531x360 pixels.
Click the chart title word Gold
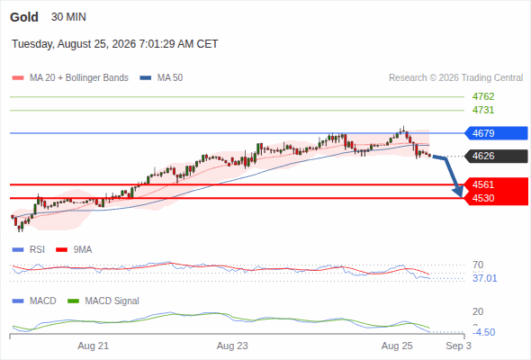pos(24,17)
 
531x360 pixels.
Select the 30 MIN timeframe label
pos(68,17)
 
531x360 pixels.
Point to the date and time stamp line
pos(115,44)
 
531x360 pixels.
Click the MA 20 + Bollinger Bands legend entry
pos(70,78)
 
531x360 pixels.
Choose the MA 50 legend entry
pos(161,78)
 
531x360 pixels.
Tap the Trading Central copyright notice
pos(455,78)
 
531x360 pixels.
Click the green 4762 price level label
pos(483,96)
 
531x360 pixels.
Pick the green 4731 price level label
pos(483,110)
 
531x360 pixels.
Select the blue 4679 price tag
pos(496,133)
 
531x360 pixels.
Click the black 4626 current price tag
pos(496,156)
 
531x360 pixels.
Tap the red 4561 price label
pos(483,184)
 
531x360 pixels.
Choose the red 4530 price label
pos(483,198)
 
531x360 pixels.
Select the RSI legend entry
pos(29,249)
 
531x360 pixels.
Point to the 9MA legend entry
pos(74,249)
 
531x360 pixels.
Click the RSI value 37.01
pos(485,278)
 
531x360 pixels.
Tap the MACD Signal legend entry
pos(103,301)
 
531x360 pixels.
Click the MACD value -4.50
pos(484,332)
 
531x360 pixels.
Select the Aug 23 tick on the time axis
pos(232,346)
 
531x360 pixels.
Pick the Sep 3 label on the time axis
pos(458,346)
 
